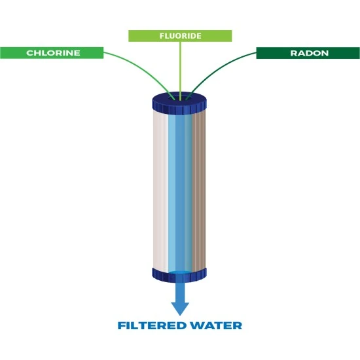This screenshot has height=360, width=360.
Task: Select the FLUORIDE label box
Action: pos(179,36)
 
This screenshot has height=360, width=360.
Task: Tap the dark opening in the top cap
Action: pos(179,99)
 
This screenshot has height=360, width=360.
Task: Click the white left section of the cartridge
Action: pos(160,190)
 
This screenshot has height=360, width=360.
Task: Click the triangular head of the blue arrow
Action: pos(179,308)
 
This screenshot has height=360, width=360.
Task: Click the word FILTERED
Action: pos(153,325)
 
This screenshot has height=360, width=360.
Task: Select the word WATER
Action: pos(216,325)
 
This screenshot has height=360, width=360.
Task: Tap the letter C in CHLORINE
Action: pos(29,52)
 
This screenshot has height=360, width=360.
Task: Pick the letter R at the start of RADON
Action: pos(293,52)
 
